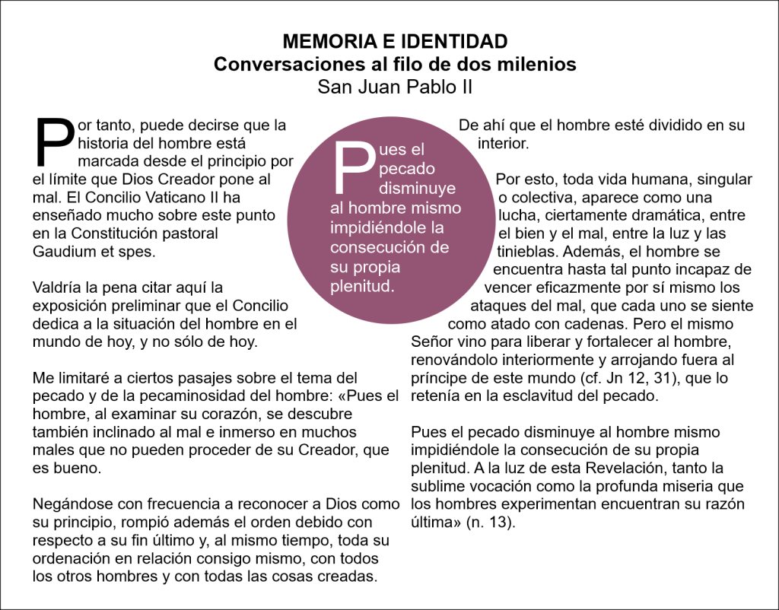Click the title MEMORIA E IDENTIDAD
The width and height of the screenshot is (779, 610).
[x=394, y=41]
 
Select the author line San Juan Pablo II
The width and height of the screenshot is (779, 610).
[x=395, y=87]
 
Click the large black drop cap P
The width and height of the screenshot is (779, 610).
[x=55, y=143]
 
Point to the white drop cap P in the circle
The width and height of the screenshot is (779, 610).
[x=351, y=168]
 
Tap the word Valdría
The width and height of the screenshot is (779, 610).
[x=58, y=288]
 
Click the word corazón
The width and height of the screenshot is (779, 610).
[x=232, y=414]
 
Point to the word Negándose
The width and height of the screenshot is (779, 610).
[x=69, y=504]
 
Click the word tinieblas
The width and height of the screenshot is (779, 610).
[x=524, y=251]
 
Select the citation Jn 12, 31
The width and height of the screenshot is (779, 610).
[x=612, y=378]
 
